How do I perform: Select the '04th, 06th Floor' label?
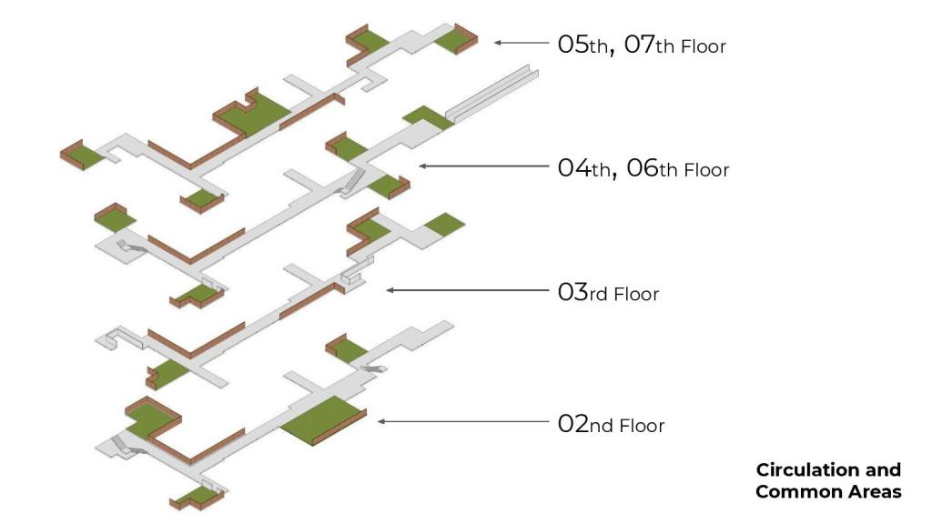click(643, 168)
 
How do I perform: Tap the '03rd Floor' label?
click(608, 293)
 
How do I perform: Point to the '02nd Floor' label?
click(611, 424)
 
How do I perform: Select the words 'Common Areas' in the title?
click(828, 492)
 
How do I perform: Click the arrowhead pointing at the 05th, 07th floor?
click(498, 42)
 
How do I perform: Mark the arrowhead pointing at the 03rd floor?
click(390, 290)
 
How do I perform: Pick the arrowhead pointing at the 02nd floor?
click(382, 421)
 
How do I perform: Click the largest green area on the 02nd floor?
click(323, 416)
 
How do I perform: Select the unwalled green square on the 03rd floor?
click(444, 223)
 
